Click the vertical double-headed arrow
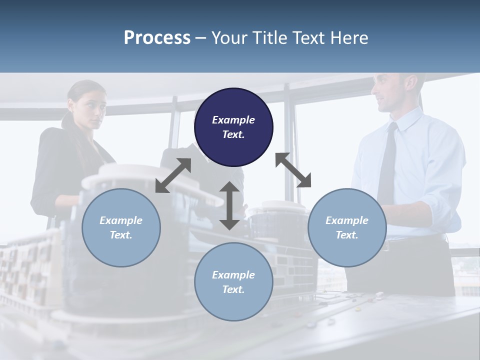coord(229,205)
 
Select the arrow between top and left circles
coord(173,175)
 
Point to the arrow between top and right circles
coord(293,170)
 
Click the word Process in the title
coord(157,37)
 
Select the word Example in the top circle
coord(233,120)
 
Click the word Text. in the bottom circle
coord(233,289)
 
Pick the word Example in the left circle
coord(121,220)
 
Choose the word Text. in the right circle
coord(347,235)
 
